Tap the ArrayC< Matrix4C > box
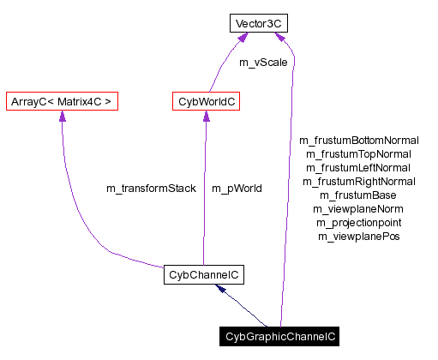coord(60,102)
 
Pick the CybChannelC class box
coord(204,275)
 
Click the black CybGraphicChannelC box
coord(280,337)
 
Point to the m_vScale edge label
coord(263,63)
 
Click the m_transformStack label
coord(151,188)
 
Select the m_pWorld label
coord(237,188)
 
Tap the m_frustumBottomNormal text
coord(359,140)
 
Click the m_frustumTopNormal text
coord(359,153)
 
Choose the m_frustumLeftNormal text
coord(359,167)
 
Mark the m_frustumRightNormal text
coord(359,181)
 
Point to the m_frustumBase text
coord(359,195)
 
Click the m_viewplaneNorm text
coord(359,208)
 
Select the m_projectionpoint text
coord(359,222)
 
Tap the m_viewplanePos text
coord(359,236)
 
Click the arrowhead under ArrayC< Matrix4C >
coord(61,117)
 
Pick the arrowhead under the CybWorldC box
coord(206,117)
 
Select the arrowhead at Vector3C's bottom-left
coord(243,39)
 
